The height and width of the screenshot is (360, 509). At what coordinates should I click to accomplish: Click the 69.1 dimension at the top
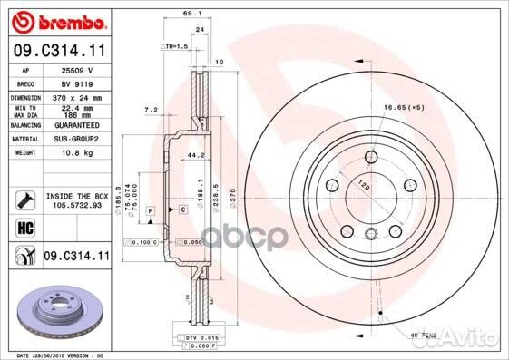tap(191, 14)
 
